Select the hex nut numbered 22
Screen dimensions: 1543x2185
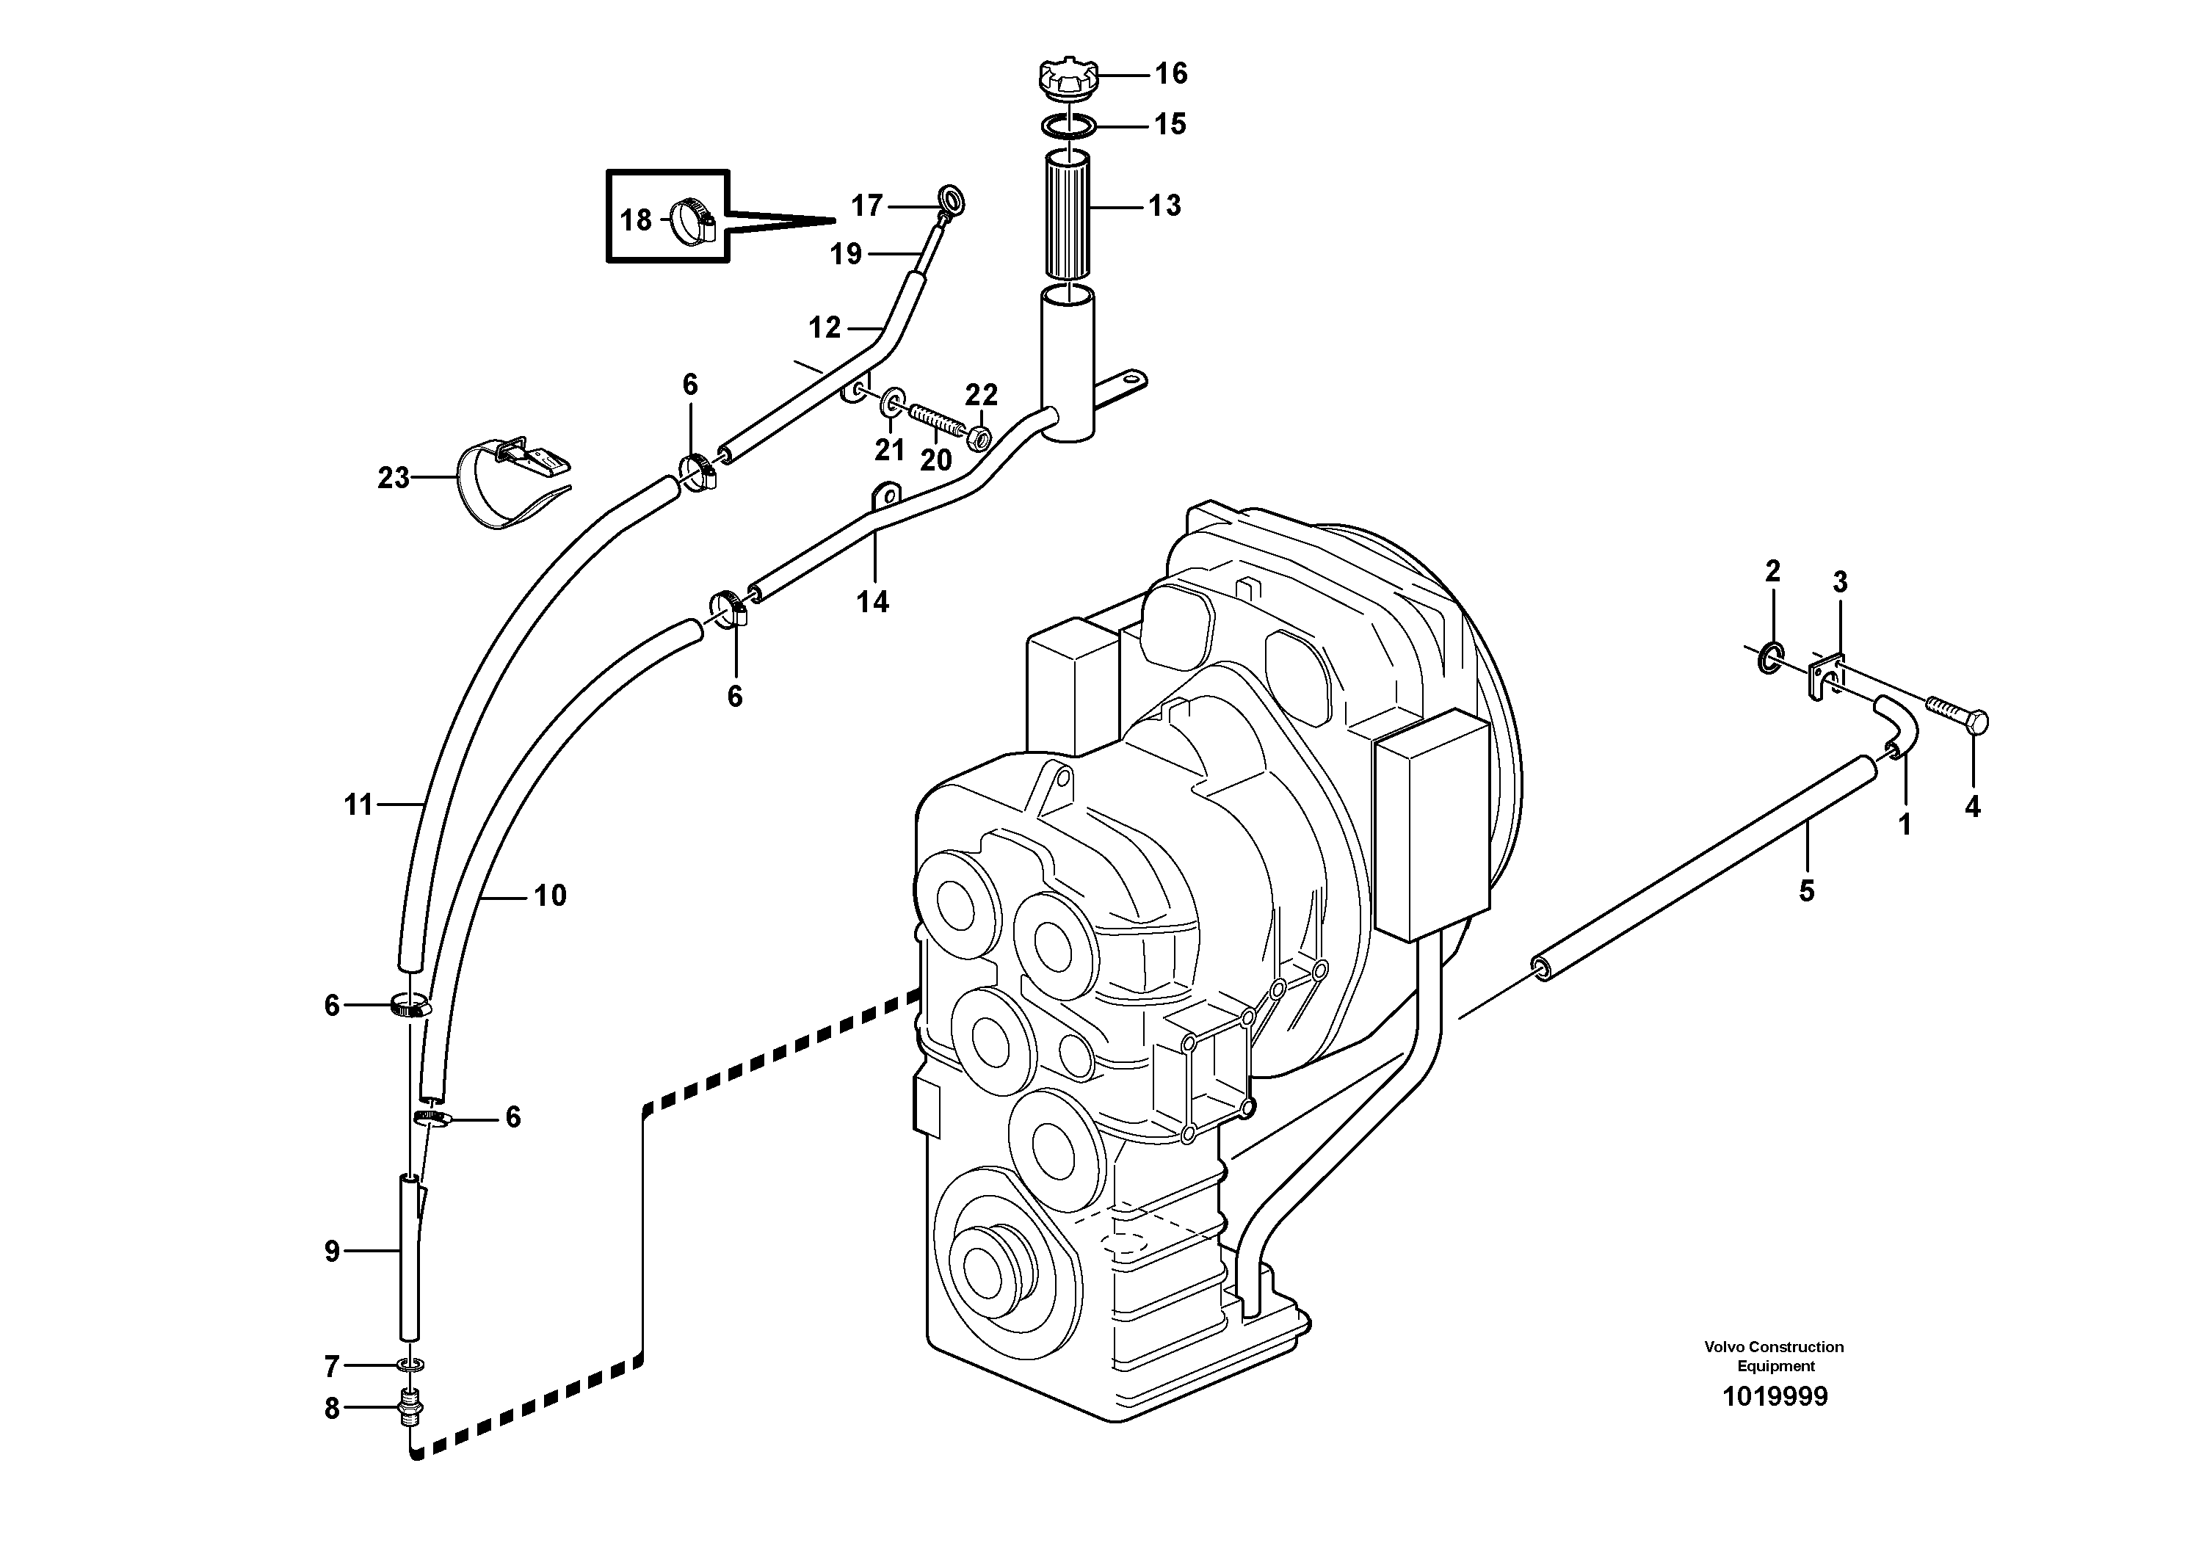pyautogui.click(x=977, y=438)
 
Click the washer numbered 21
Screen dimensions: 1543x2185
pyautogui.click(x=893, y=402)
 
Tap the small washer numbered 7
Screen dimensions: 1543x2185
pyautogui.click(x=411, y=1366)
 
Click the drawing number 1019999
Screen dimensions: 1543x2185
pyautogui.click(x=1774, y=1396)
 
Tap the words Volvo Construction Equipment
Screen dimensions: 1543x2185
pyautogui.click(x=1774, y=1356)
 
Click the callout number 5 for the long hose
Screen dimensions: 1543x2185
pyautogui.click(x=1806, y=890)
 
